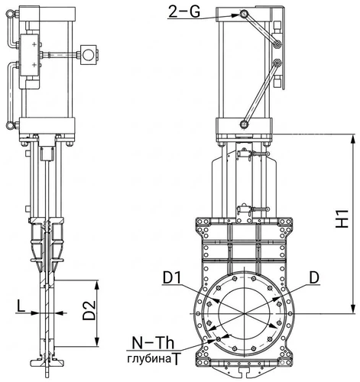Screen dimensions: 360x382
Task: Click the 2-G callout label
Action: [x=184, y=12]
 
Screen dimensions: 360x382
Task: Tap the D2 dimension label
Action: [x=89, y=310]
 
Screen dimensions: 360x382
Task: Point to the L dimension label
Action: [x=21, y=306]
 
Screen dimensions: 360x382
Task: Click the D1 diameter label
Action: [x=172, y=278]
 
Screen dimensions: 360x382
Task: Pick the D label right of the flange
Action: [x=314, y=278]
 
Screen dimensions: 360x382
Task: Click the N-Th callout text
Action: [x=153, y=343]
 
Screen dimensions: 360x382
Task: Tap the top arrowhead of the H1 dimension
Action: [x=352, y=140]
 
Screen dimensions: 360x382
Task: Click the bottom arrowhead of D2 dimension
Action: [x=96, y=342]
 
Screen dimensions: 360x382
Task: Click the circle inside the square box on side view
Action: [x=89, y=55]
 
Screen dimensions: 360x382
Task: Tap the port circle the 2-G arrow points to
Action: [x=245, y=14]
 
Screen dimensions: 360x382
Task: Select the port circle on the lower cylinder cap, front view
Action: [x=244, y=125]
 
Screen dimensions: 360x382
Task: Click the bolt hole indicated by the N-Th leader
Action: [x=219, y=339]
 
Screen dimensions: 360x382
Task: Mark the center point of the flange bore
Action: [x=244, y=313]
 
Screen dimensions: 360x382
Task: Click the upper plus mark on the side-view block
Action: [x=34, y=44]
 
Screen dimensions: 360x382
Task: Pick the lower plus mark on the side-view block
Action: [x=34, y=65]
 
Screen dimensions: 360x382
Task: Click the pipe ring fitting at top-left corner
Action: [x=11, y=13]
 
